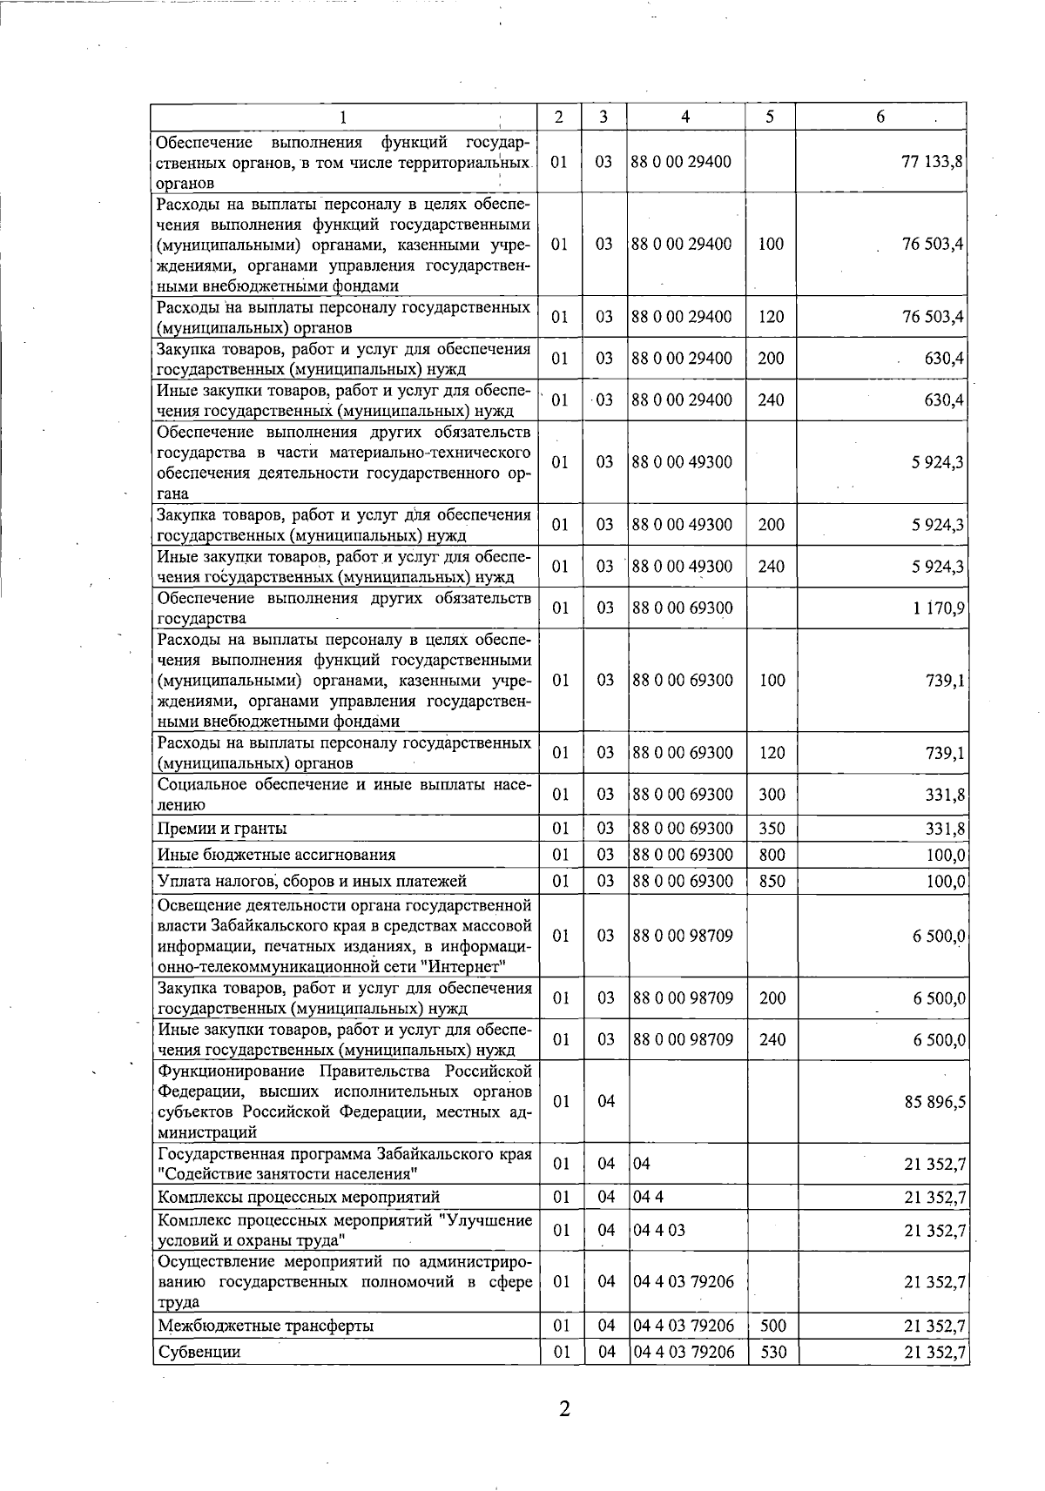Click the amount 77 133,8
(932, 162)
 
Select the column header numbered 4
(685, 118)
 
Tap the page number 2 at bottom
(564, 1409)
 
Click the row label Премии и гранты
(222, 829)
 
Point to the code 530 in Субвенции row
(772, 1352)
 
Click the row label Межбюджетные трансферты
(266, 1326)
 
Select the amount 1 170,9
(939, 608)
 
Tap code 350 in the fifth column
(772, 829)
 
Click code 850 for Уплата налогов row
(772, 881)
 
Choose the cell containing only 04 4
(648, 1197)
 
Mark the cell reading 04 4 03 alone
(658, 1230)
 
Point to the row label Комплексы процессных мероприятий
(299, 1197)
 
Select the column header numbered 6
(880, 118)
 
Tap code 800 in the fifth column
(772, 855)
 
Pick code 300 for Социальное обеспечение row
(772, 794)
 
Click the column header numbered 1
(342, 118)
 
